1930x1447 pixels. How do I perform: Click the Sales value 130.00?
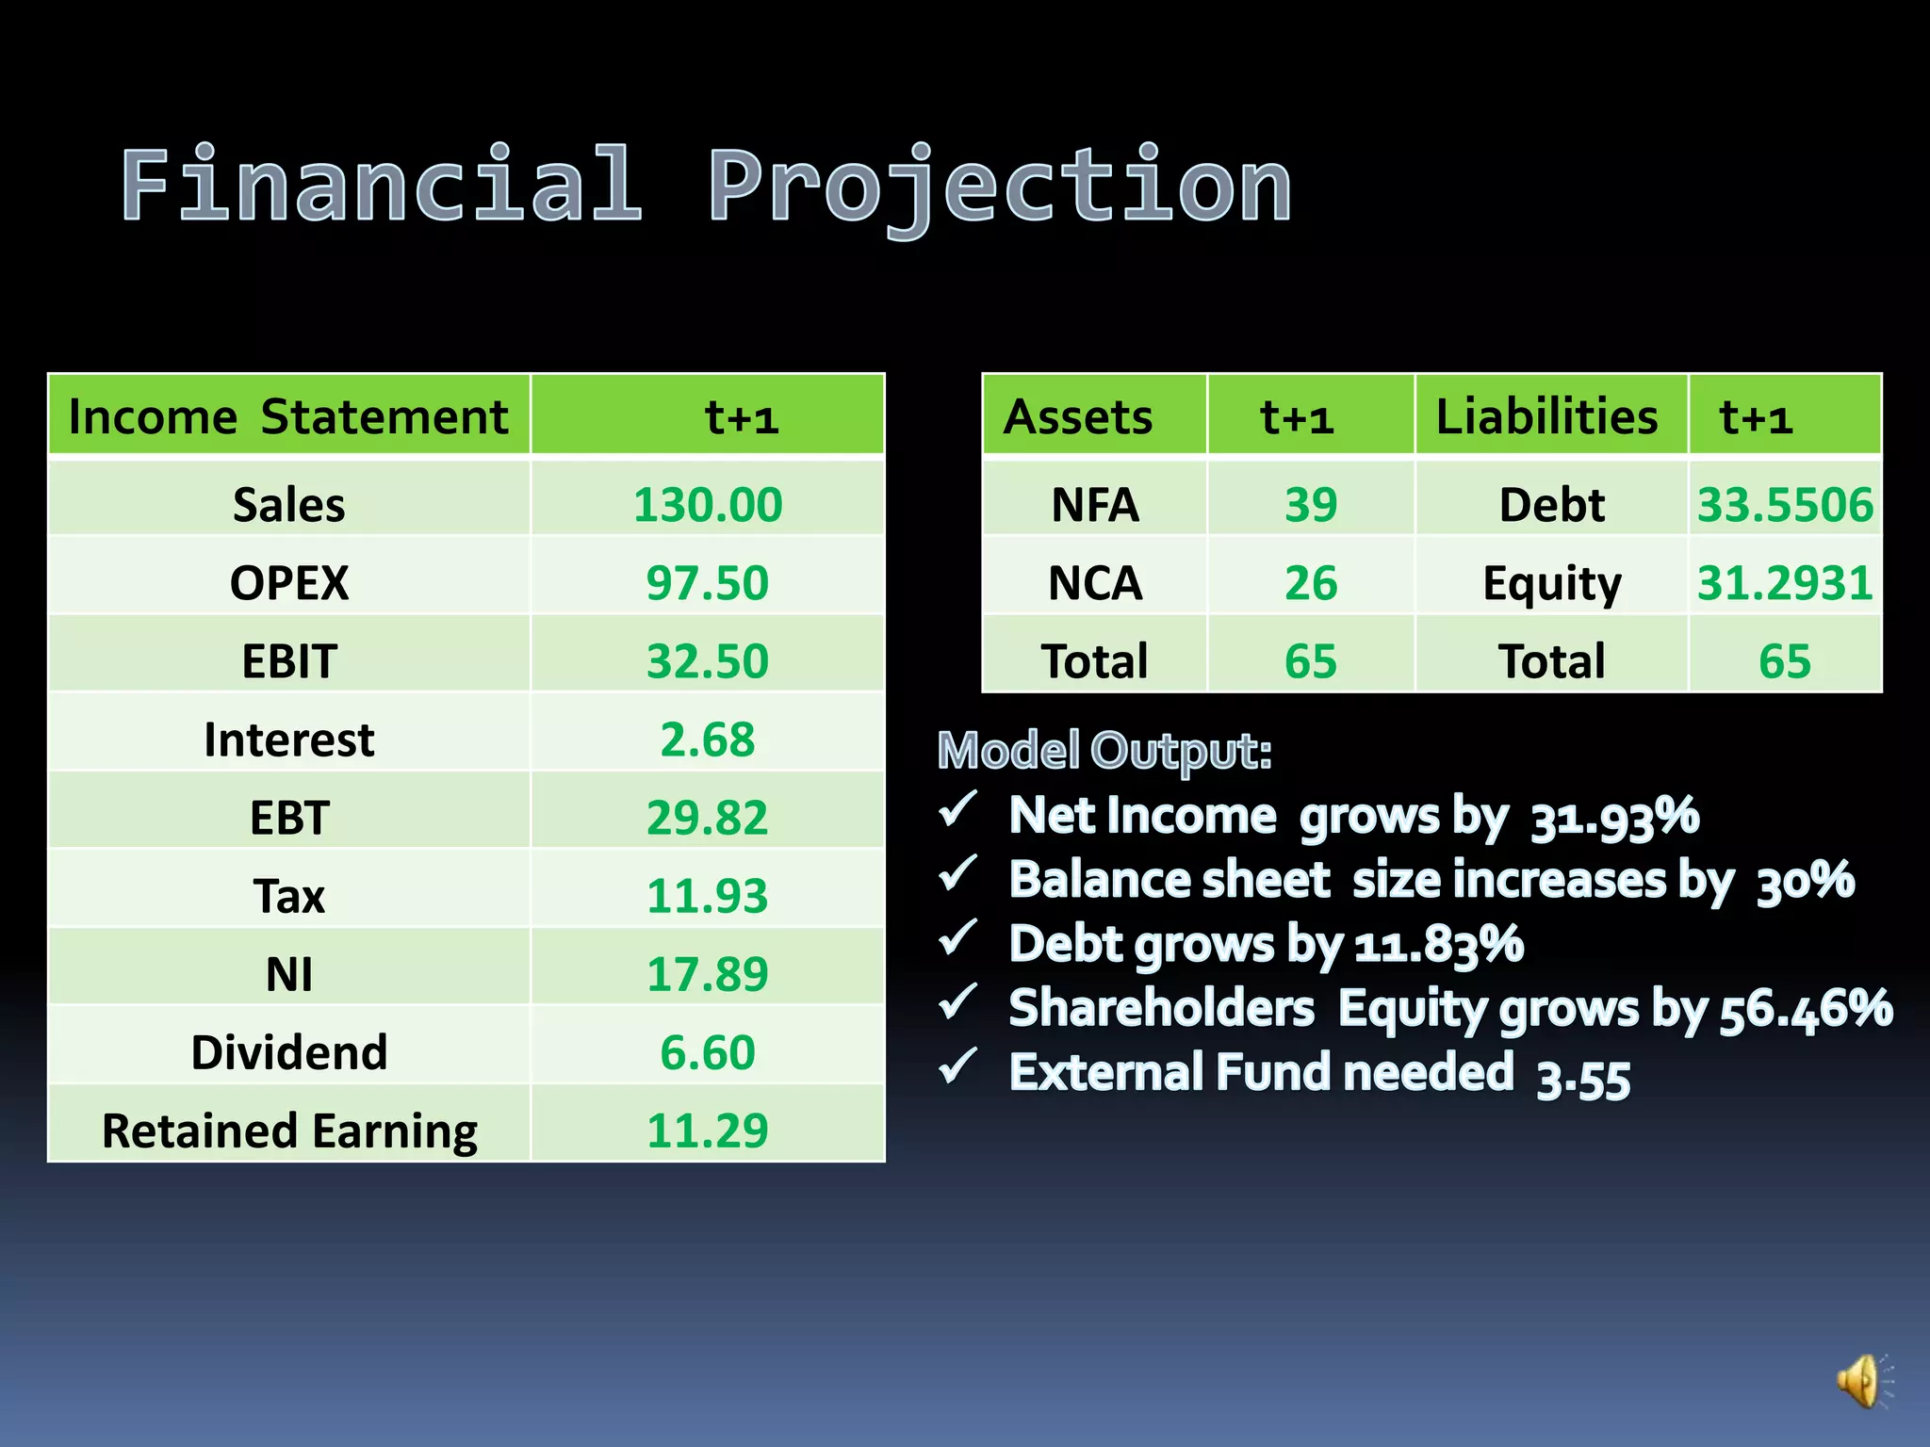(707, 505)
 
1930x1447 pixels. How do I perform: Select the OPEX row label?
(289, 583)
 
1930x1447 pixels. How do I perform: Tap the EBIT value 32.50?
(707, 661)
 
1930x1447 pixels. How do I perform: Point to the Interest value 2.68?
(707, 740)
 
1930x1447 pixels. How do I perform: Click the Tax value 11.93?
(707, 896)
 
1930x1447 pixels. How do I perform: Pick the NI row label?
(289, 974)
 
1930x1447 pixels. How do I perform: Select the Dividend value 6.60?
(707, 1052)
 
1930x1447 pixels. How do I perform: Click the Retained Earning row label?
(289, 1130)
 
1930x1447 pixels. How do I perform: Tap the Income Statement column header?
(288, 416)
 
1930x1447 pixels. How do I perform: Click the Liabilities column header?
(1546, 416)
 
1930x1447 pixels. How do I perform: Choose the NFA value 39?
(1310, 505)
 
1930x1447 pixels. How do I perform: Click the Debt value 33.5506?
(1785, 505)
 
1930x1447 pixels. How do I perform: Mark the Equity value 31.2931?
(1785, 583)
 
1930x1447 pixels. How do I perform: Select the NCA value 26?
(1310, 583)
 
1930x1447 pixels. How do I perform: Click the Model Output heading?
(1104, 751)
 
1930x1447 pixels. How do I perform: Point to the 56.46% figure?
(1806, 1009)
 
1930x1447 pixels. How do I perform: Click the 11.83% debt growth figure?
(1439, 945)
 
